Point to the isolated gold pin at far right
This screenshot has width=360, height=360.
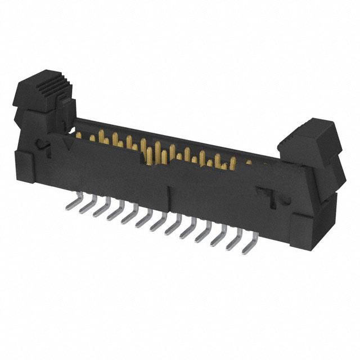tap(248, 164)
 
